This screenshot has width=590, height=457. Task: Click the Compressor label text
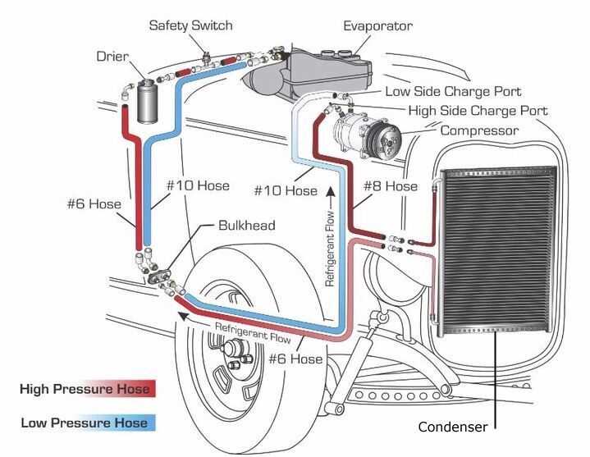click(480, 130)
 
